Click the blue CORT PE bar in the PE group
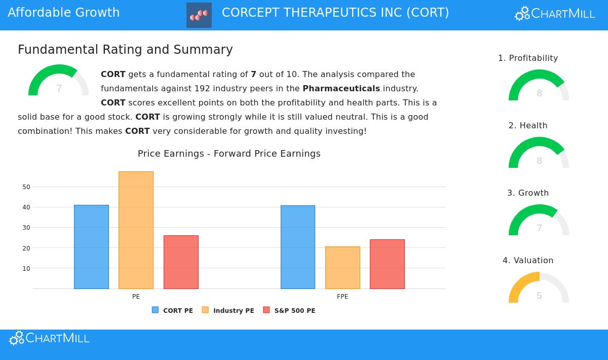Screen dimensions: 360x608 (91, 247)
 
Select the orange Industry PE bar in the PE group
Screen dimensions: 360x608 (136, 230)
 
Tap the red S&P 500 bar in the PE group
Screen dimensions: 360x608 (181, 262)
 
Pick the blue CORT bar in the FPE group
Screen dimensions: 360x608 (298, 247)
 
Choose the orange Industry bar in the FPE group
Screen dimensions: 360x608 (343, 268)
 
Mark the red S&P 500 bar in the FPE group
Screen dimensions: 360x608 (387, 264)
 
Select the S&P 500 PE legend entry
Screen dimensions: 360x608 (289, 310)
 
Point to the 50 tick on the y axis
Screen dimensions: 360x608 (26, 187)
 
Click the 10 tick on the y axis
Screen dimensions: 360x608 (26, 269)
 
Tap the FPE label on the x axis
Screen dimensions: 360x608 (343, 297)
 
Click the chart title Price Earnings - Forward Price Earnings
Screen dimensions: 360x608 (229, 154)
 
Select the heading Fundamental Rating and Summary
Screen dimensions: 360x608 (125, 50)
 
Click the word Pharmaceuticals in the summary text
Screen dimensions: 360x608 (341, 89)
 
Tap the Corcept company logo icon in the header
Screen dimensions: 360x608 (199, 15)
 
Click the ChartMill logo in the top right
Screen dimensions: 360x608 (555, 14)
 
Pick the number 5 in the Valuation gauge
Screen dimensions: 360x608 (539, 296)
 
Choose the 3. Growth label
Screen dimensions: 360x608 (528, 193)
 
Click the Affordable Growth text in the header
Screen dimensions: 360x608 (64, 13)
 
